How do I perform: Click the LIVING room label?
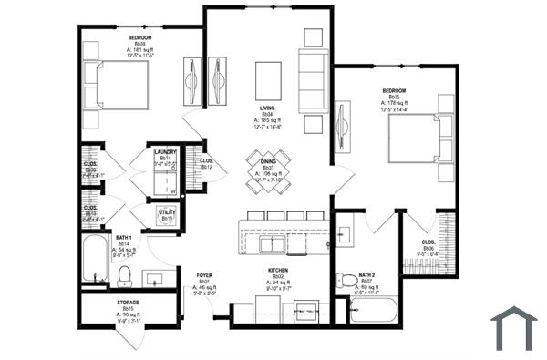(268, 107)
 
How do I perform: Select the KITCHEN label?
(278, 271)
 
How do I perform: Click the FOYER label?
(204, 274)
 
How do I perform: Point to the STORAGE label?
(128, 302)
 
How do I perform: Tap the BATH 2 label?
(366, 274)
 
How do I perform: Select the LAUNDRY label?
(165, 152)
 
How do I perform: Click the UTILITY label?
(167, 212)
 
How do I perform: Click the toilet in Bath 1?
(125, 273)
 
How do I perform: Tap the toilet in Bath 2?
(345, 280)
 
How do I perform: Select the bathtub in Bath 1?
(94, 259)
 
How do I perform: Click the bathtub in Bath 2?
(373, 312)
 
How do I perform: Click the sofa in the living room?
(313, 81)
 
